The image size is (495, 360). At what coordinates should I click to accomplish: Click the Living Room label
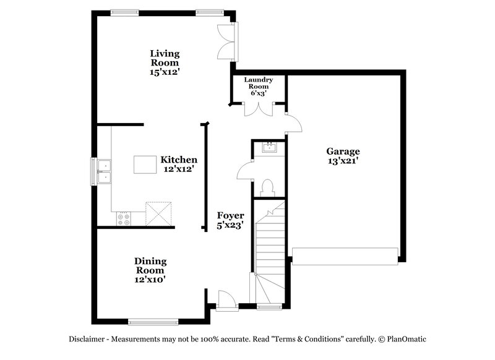coord(164,58)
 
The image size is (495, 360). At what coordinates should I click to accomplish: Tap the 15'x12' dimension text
coord(164,72)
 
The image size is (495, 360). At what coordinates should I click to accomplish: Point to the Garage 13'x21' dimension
coord(343,161)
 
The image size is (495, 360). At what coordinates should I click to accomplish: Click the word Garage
coord(343,151)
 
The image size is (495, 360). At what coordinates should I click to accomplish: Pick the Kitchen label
coord(179,159)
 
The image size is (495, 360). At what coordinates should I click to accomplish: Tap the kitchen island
coord(145,165)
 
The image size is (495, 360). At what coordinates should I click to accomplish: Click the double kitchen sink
coord(105,172)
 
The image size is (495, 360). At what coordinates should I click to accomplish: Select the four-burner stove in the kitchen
coord(123,218)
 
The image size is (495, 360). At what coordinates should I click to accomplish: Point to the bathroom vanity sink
coord(269,147)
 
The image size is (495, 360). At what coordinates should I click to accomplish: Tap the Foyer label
coord(230,215)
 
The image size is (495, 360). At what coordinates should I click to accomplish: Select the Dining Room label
coord(150,265)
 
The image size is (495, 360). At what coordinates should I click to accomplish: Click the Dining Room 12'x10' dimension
coord(150,280)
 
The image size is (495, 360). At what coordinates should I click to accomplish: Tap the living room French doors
coord(228,41)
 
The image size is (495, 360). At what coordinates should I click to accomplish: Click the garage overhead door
coord(345,256)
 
